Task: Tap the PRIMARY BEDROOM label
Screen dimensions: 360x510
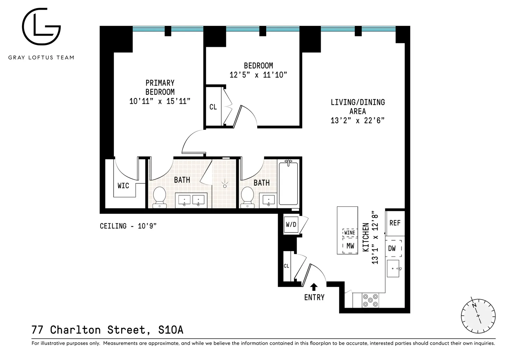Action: (160, 88)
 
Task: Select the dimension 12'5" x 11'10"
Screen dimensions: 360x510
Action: (258, 75)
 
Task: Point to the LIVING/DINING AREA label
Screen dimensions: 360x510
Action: (357, 107)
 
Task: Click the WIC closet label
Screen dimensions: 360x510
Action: (123, 186)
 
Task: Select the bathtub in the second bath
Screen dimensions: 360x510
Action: (288, 183)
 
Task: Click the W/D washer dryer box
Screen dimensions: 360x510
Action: (291, 225)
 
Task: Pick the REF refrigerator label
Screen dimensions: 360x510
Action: (395, 223)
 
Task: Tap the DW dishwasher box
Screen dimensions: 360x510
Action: (393, 248)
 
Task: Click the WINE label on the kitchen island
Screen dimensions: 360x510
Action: (349, 233)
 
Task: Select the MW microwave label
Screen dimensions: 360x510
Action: (350, 246)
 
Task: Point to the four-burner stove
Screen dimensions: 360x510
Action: (370, 301)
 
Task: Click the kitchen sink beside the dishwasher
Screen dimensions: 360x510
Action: (393, 269)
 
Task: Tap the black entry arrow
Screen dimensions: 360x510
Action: (314, 286)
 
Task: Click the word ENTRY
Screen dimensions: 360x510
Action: (314, 297)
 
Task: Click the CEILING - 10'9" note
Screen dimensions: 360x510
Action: (128, 226)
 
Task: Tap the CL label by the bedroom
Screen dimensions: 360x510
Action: (213, 107)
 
